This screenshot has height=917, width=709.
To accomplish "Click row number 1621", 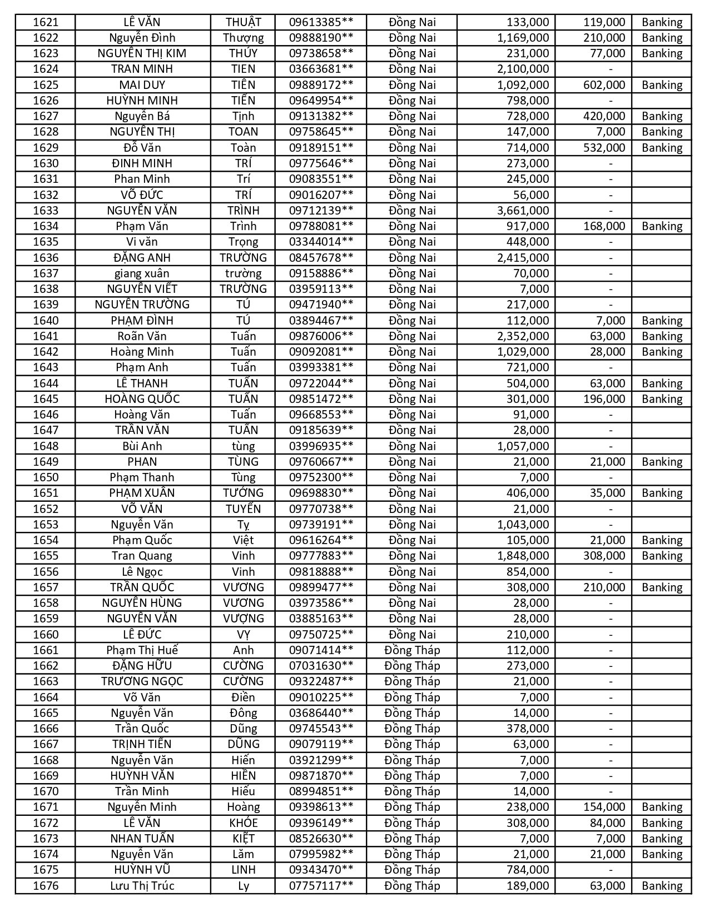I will (x=46, y=22).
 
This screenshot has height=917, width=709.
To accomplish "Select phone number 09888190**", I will (x=321, y=38).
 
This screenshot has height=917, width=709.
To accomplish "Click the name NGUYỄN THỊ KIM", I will (x=142, y=53).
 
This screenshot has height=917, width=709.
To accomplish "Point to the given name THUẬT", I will (x=243, y=22).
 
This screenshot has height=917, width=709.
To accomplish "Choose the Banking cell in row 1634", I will (x=661, y=226).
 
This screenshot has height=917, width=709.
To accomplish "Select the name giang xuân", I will (x=142, y=273).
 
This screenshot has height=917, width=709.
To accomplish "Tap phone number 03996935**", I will (x=321, y=446).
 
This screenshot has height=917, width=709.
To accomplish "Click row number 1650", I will (x=46, y=477).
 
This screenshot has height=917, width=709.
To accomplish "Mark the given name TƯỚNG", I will (x=243, y=493).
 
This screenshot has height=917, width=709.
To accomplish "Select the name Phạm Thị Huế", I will (x=142, y=650).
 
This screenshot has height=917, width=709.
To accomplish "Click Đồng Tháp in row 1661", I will (x=412, y=650).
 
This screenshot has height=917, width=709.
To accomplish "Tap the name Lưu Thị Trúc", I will (x=142, y=886).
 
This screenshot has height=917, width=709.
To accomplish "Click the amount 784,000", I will (x=527, y=870).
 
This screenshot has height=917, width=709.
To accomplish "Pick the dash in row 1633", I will (x=611, y=211).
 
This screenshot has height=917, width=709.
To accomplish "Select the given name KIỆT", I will (x=243, y=839).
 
